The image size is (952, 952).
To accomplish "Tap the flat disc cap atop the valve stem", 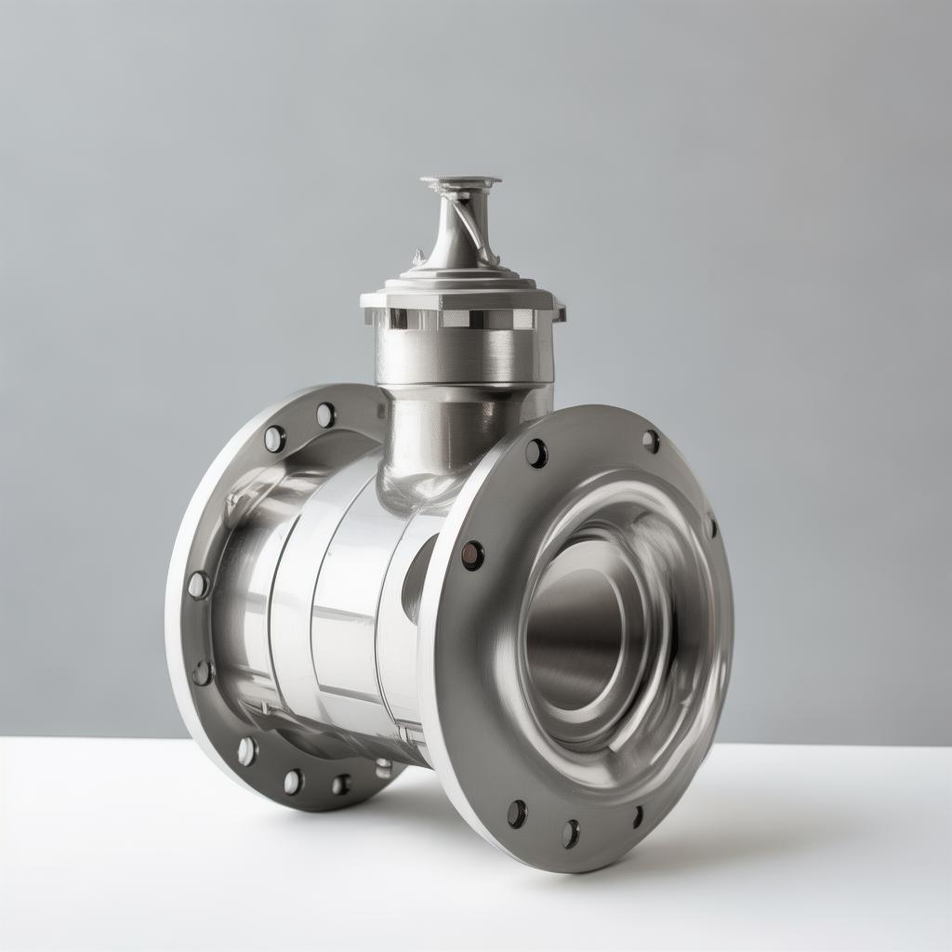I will (x=460, y=181).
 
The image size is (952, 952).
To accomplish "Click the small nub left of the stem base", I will (x=419, y=255).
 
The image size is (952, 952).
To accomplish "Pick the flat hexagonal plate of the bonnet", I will (x=461, y=297).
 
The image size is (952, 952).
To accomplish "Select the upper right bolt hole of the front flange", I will (x=651, y=442).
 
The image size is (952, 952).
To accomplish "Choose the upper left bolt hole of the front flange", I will (x=536, y=453).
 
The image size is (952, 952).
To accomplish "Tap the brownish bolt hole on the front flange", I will (x=472, y=555).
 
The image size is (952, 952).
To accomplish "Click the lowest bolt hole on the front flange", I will (x=570, y=833).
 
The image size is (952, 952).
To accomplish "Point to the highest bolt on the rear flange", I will (x=325, y=415).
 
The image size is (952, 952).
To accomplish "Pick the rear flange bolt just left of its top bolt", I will (x=274, y=438).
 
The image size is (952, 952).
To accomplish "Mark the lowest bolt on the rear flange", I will (x=293, y=782).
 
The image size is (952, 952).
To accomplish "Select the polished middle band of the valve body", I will (x=344, y=595).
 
